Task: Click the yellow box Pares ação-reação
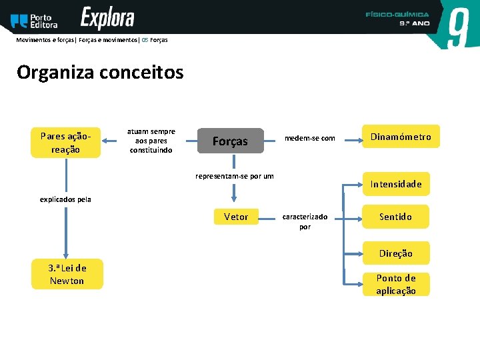66,143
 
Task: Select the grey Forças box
230,141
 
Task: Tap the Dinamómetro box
401,137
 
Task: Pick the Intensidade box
396,184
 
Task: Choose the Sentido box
395,217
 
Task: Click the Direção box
396,253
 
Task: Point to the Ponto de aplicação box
396,284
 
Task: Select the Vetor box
236,217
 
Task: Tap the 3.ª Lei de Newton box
67,274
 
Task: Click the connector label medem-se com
310,138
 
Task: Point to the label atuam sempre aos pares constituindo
151,141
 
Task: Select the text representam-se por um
234,176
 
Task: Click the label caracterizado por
305,221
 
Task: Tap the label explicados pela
65,199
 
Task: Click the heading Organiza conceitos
100,72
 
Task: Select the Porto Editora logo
35,21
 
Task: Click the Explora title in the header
107,18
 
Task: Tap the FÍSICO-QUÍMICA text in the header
397,14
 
